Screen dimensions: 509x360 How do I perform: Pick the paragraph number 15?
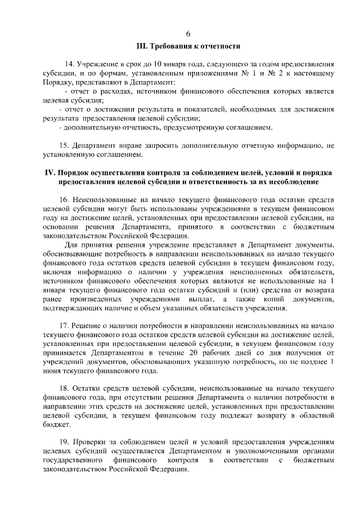tap(64, 146)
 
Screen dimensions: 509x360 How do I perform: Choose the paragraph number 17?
tap(64, 327)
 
